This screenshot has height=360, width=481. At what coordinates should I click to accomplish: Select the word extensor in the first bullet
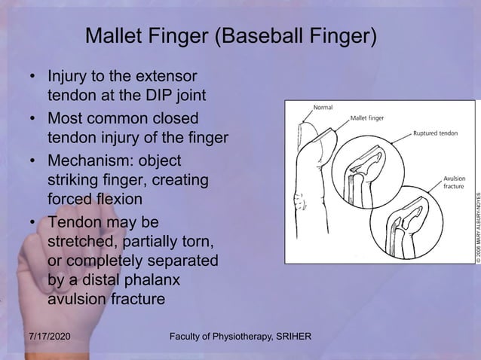pyautogui.click(x=168, y=77)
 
